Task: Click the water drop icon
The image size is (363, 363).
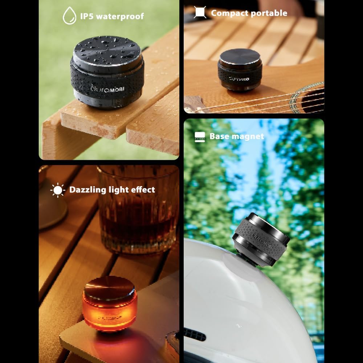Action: (69, 16)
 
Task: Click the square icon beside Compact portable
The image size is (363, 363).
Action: (200, 13)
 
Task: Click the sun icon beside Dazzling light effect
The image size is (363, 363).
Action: (57, 190)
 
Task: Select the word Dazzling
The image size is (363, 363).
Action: (87, 190)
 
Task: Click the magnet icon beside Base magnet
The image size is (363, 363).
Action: (200, 136)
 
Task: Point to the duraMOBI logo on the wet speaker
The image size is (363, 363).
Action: (107, 89)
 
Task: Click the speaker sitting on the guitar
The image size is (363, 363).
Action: (240, 72)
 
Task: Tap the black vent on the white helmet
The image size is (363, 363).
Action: (195, 334)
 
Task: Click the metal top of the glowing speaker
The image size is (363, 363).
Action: (110, 285)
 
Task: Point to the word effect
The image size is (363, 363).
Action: (142, 190)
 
